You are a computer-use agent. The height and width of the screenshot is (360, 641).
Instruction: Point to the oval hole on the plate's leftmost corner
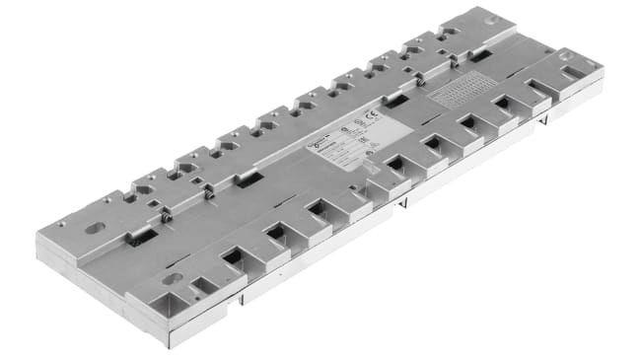(96, 228)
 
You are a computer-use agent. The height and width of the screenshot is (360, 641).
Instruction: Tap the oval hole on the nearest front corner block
(173, 279)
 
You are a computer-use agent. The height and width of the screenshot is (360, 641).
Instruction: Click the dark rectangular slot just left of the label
(249, 179)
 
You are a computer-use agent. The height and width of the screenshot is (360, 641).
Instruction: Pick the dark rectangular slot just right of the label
(395, 100)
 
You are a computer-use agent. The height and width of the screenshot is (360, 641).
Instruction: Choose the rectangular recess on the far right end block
(573, 72)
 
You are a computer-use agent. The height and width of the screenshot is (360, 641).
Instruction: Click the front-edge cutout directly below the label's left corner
(319, 208)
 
